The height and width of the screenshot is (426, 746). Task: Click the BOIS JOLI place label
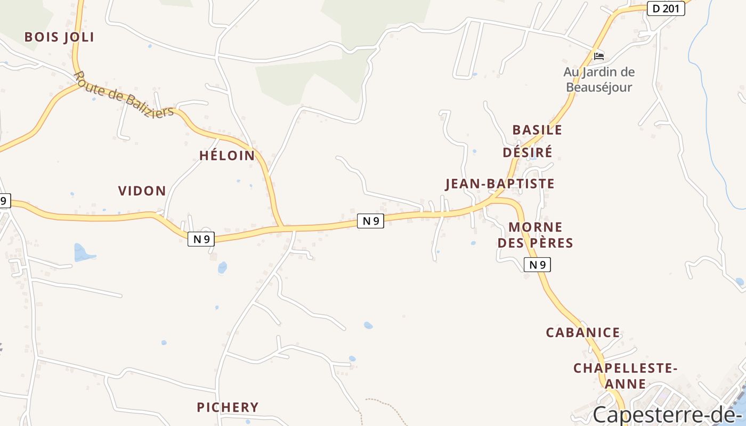point(59,37)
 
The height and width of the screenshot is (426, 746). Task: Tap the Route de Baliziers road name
point(124,95)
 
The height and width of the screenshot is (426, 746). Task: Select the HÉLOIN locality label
point(227,155)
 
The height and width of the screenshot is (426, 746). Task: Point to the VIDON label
point(142,191)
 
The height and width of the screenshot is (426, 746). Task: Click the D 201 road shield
point(666,9)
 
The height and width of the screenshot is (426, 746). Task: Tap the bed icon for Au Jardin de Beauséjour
point(599,56)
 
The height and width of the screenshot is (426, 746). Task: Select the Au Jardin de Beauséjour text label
point(599,79)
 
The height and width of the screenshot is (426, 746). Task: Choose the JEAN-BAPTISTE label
point(499,184)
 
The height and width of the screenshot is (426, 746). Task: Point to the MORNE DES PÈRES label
point(535,235)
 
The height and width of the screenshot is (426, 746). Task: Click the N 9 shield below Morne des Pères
point(537,265)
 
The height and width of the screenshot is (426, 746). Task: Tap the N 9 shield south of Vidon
point(201,239)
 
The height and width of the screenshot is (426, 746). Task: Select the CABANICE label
point(583,333)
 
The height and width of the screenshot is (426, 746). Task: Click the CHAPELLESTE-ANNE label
point(625,375)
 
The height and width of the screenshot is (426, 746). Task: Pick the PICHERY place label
point(228,407)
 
